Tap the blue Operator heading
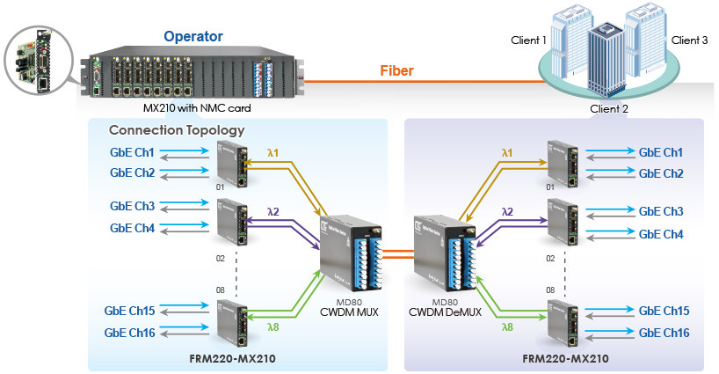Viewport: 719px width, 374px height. (194, 37)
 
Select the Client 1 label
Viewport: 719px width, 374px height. (529, 40)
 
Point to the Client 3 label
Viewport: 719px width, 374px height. (689, 40)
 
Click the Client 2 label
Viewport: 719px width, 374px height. (610, 109)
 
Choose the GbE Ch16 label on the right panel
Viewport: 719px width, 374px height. (664, 333)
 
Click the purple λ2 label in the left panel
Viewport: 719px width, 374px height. (272, 212)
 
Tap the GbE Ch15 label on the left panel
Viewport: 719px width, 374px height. (130, 312)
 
